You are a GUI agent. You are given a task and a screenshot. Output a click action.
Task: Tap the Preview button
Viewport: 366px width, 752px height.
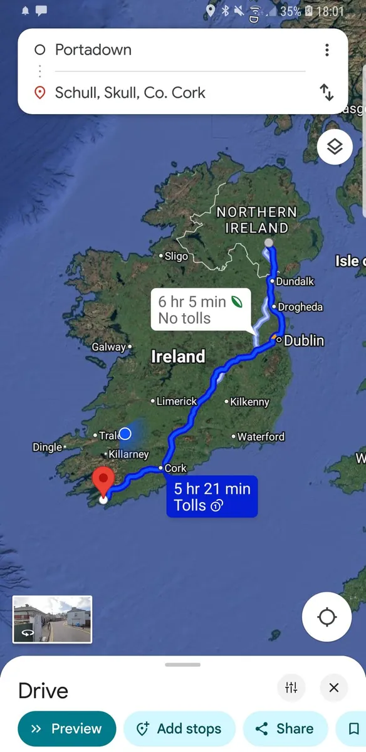click(67, 729)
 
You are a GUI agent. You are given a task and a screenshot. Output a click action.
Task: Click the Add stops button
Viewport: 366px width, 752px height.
click(180, 729)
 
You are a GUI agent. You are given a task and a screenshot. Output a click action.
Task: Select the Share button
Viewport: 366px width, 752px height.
click(285, 729)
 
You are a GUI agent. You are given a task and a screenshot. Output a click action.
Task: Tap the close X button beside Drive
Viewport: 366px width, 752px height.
click(333, 688)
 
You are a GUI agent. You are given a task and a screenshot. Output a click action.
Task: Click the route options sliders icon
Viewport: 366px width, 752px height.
click(291, 688)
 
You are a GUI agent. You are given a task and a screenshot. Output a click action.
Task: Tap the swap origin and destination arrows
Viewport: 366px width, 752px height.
click(327, 93)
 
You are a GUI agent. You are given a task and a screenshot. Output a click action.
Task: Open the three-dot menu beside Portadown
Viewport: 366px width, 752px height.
click(327, 50)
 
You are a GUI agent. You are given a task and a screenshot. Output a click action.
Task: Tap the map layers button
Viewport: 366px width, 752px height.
click(335, 147)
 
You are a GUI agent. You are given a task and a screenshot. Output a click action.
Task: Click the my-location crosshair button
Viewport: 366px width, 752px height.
click(327, 617)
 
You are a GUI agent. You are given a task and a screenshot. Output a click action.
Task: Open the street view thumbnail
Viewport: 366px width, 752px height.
click(52, 619)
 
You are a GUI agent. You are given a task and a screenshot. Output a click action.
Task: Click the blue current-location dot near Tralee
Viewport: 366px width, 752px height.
click(125, 434)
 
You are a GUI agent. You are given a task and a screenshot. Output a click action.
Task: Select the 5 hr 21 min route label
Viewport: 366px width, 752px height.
click(212, 497)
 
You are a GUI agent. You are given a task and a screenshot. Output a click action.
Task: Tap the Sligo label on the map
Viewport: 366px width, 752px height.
click(175, 256)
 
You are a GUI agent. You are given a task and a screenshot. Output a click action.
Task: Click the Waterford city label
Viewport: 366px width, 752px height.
click(260, 437)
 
